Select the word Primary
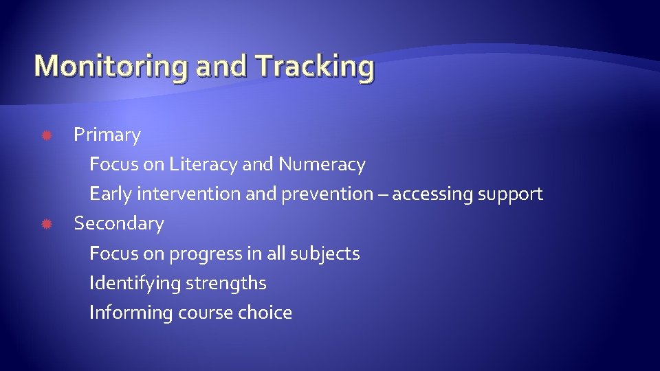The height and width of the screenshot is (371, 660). [x=107, y=135]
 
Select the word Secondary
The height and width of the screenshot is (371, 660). [x=119, y=224]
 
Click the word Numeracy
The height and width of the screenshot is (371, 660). [x=322, y=165]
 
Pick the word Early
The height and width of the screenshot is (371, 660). [x=111, y=194]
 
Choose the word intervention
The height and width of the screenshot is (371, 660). [x=189, y=194]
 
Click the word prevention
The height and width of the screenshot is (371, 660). [x=327, y=194]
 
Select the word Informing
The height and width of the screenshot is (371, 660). [x=131, y=313]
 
